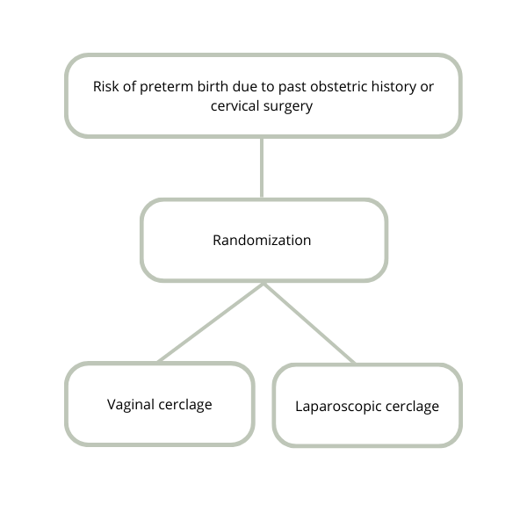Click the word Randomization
pyautogui.click(x=262, y=241)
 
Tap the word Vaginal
pyautogui.click(x=131, y=405)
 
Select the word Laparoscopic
pyautogui.click(x=338, y=407)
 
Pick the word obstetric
pyautogui.click(x=339, y=86)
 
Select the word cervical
pyautogui.click(x=235, y=106)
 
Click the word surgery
pyautogui.click(x=288, y=106)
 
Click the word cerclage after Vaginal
pyautogui.click(x=185, y=405)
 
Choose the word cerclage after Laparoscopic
pyautogui.click(x=413, y=407)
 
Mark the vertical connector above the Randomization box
pyautogui.click(x=262, y=168)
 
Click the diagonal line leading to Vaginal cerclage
pyautogui.click(x=211, y=322)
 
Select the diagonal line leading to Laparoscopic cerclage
pyautogui.click(x=309, y=323)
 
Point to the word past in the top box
pyautogui.click(x=292, y=87)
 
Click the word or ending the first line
pyautogui.click(x=427, y=88)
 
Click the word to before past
pyautogui.click(x=268, y=87)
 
